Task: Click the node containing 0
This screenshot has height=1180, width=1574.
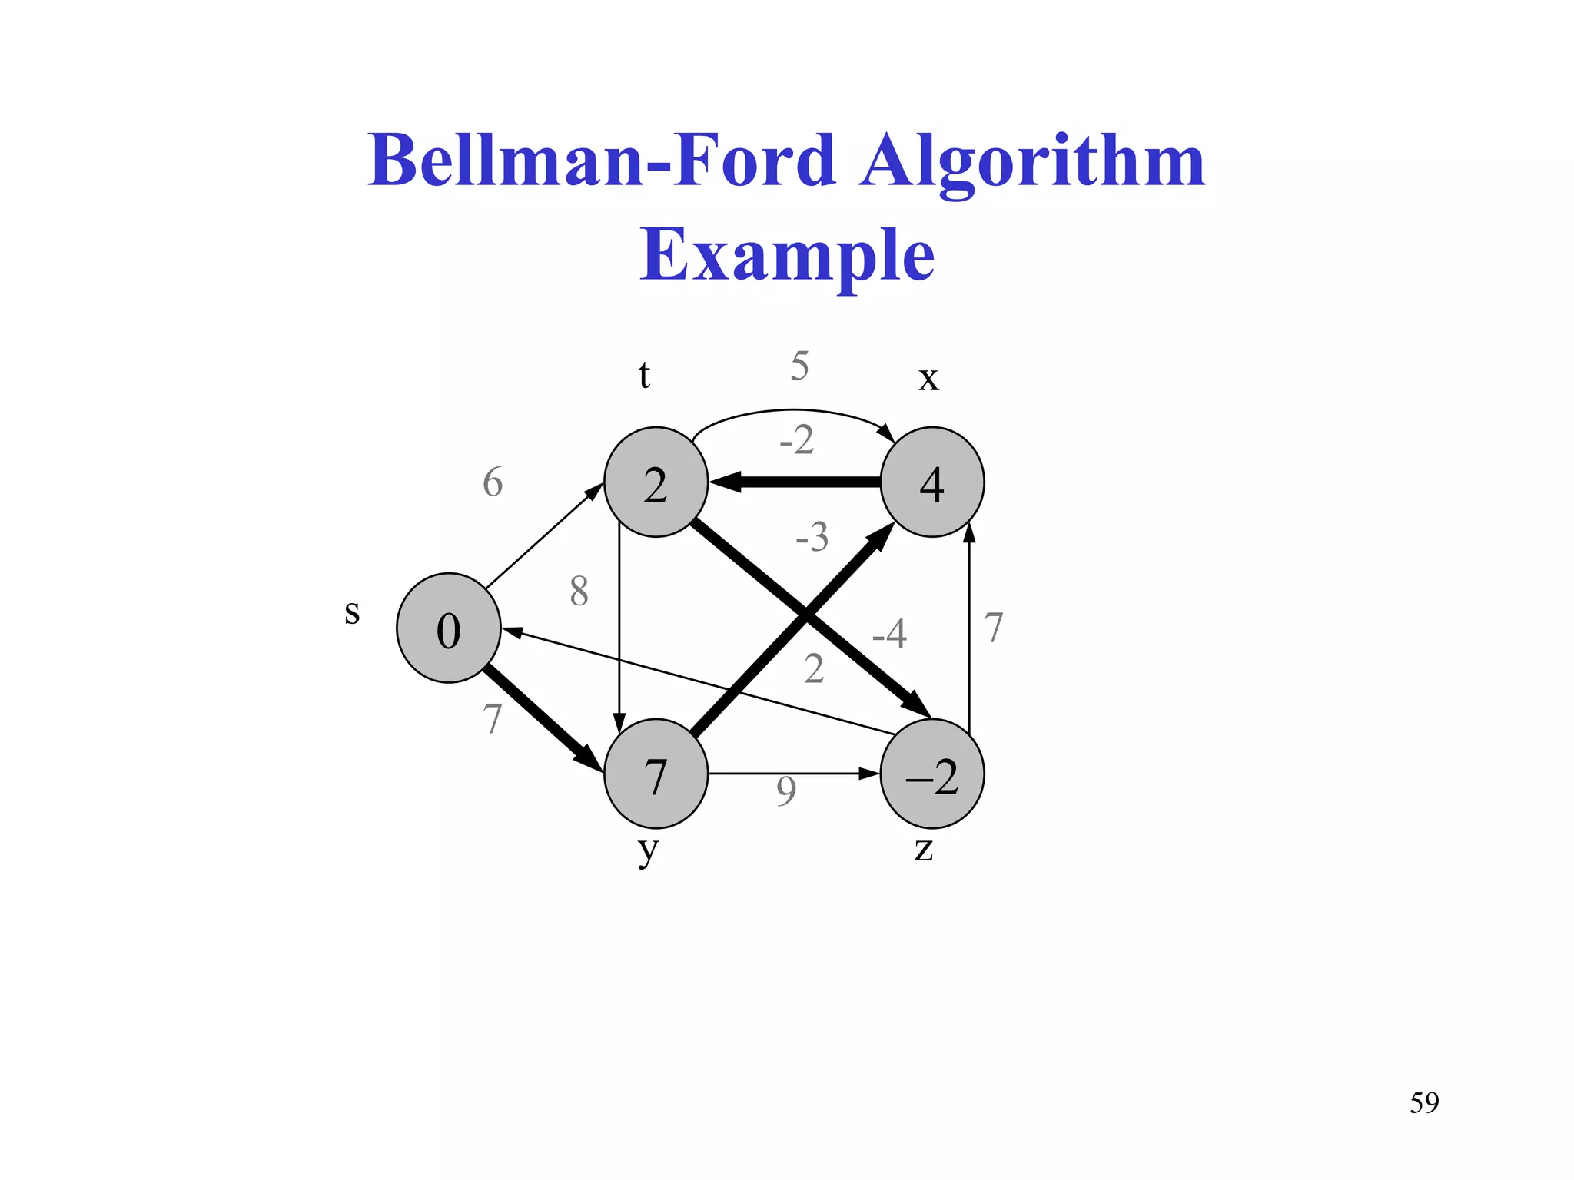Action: tap(449, 628)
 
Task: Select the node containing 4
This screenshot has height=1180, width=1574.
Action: tap(931, 482)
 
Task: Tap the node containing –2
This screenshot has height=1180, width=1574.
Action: tap(931, 774)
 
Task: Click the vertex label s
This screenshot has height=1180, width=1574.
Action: tap(352, 613)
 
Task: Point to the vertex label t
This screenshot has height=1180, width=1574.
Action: tap(644, 376)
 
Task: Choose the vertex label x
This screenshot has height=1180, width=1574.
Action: tap(928, 378)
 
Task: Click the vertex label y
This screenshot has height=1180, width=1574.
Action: tap(648, 850)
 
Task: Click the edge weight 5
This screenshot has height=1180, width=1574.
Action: tap(799, 366)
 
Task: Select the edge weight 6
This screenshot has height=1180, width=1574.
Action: tap(493, 482)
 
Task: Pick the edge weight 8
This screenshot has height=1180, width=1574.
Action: tap(579, 592)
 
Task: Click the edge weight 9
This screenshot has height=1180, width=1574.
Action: tap(785, 791)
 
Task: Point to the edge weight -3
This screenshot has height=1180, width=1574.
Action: tap(812, 537)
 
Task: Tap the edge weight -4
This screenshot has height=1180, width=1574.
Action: tap(889, 635)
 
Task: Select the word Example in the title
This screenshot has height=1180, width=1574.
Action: tap(787, 254)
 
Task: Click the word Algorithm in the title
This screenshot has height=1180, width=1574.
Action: tap(1033, 161)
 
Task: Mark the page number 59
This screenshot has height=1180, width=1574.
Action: tap(1424, 1102)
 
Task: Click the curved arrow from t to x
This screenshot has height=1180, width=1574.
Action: tap(795, 411)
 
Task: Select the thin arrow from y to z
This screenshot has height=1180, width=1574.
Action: tap(792, 774)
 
